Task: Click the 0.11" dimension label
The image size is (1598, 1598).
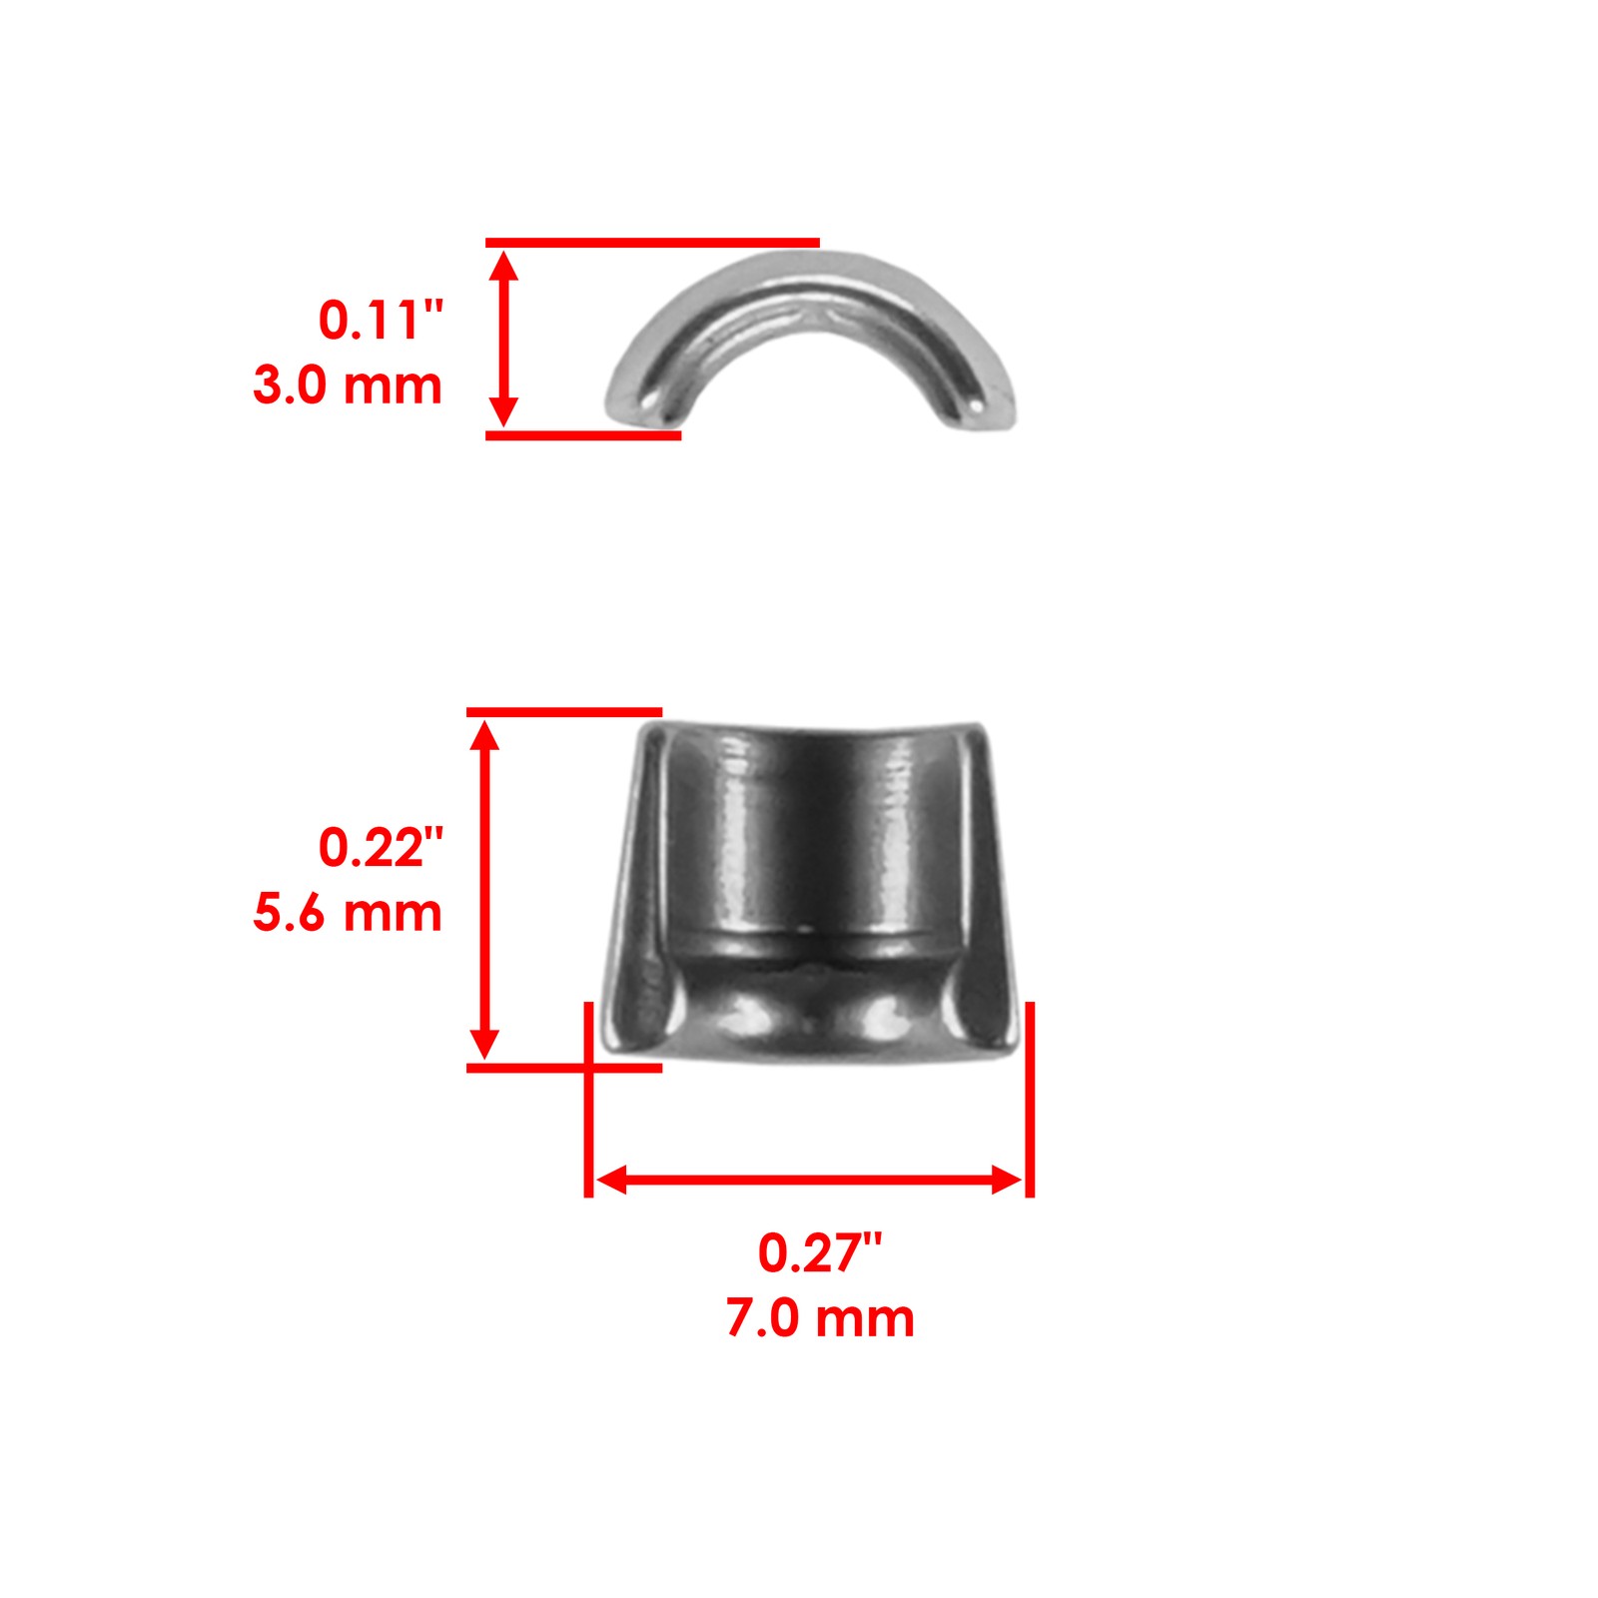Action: (x=380, y=321)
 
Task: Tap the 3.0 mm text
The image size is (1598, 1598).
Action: (x=348, y=386)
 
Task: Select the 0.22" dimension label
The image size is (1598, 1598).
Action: (x=380, y=848)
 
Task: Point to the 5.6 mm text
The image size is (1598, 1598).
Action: (x=348, y=913)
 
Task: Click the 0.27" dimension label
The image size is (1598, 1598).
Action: (x=819, y=1253)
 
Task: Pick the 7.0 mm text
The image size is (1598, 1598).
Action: (x=819, y=1318)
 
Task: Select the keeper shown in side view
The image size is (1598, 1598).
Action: (x=811, y=889)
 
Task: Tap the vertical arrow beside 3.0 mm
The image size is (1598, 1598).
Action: (x=504, y=339)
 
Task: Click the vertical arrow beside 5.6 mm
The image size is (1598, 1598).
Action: (x=484, y=889)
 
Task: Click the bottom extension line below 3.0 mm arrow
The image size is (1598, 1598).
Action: (x=583, y=435)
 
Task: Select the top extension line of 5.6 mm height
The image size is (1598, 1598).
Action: (x=563, y=712)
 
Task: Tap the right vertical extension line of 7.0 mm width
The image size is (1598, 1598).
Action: (x=1030, y=1099)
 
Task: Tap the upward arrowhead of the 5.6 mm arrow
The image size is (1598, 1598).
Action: (x=484, y=734)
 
